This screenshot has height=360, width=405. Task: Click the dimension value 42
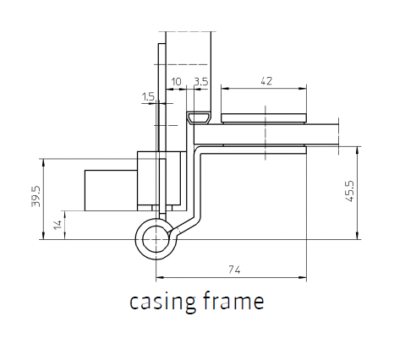(266, 81)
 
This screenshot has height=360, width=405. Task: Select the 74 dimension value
(234, 270)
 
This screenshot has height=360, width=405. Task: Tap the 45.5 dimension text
(349, 191)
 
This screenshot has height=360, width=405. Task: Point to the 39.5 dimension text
(36, 196)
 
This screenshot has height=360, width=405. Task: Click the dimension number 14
(57, 225)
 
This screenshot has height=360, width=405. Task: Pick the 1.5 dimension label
(148, 97)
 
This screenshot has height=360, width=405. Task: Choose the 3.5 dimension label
(201, 82)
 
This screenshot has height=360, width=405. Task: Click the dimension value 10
(177, 82)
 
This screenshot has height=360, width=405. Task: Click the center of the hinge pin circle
(156, 239)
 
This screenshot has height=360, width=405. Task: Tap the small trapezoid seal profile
(199, 117)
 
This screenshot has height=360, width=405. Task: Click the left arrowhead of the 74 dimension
(160, 277)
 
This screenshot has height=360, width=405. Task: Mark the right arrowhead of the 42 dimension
(303, 89)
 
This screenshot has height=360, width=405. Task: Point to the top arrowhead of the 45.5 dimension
(357, 150)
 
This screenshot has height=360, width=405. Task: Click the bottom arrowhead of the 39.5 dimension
(43, 236)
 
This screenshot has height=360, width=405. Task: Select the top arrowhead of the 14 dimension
(65, 215)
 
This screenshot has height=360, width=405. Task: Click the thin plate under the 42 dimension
(264, 118)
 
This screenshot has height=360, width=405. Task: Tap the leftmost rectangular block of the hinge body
(111, 190)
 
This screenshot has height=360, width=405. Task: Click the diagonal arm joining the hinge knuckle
(184, 226)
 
